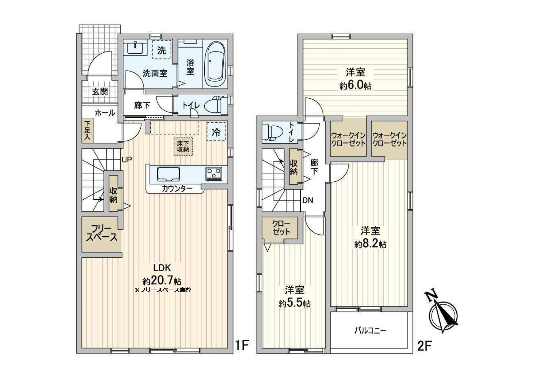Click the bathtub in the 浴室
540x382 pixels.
[215, 64]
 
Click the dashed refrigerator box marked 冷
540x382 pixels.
[216, 132]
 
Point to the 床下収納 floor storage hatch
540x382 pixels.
[183, 146]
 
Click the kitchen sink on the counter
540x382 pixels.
[168, 174]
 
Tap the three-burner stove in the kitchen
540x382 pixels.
[214, 174]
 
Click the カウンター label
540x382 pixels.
[177, 189]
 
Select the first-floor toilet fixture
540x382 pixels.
[216, 105]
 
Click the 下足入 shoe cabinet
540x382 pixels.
[87, 131]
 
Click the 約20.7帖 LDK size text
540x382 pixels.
[162, 281]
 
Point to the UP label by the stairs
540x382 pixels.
[127, 160]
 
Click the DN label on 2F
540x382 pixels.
[307, 201]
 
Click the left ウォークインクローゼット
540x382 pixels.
[348, 139]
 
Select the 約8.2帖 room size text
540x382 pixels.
[370, 244]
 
